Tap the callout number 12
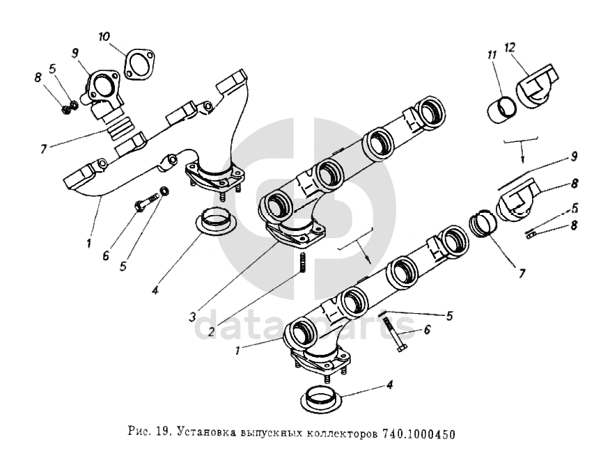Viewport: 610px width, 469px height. [x=511, y=47]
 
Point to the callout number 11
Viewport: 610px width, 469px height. [x=492, y=53]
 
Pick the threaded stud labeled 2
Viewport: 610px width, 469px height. [x=303, y=264]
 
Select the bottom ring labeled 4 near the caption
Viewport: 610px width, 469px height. [x=324, y=401]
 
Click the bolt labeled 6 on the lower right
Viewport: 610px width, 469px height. [x=396, y=333]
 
